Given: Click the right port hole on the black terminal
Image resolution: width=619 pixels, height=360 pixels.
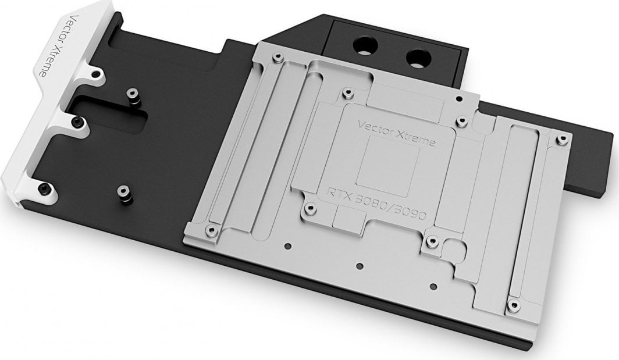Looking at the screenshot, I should tap(417, 57).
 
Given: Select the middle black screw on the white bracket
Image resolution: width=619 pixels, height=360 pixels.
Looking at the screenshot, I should tap(77, 122).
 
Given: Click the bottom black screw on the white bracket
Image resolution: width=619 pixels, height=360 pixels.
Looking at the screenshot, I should tap(44, 187).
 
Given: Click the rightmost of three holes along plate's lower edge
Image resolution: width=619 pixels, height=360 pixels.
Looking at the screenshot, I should tap(433, 286).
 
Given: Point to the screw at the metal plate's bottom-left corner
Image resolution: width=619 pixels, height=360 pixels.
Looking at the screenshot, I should tap(211, 230).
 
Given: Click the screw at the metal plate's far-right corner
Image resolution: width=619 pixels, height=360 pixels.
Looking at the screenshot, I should tap(561, 139).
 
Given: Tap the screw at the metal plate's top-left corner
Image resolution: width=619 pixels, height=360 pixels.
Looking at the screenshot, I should tap(277, 56).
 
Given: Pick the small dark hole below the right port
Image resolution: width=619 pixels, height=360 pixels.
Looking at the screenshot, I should tap(458, 98).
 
